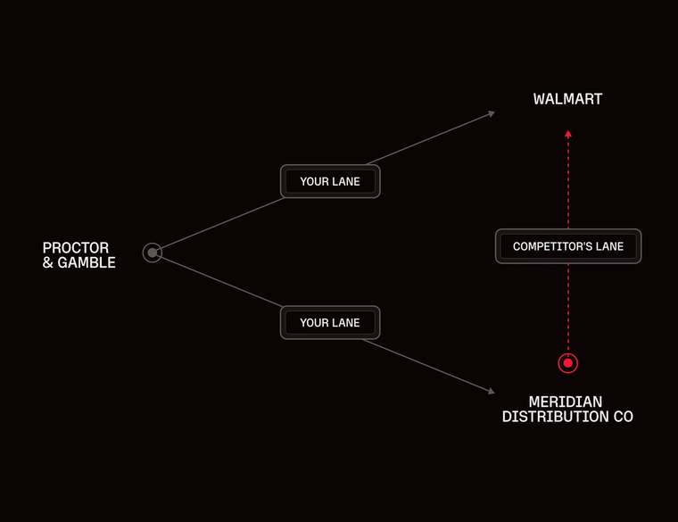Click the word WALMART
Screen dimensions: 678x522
(x=567, y=99)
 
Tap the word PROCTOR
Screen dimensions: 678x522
(x=76, y=248)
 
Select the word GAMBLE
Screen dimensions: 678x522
(x=87, y=263)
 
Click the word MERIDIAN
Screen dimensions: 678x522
(x=566, y=402)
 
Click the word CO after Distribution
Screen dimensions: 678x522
(x=623, y=418)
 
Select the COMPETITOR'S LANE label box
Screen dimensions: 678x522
(x=568, y=246)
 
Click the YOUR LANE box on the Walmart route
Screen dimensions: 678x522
(x=330, y=181)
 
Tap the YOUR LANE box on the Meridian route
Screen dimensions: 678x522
(x=330, y=322)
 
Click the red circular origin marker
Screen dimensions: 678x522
(x=568, y=363)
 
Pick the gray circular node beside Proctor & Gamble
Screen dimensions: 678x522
(x=153, y=253)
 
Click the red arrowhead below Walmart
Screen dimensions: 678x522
(x=568, y=135)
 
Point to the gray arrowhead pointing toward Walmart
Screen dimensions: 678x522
(x=491, y=113)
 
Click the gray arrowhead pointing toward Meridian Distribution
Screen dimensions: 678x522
(x=491, y=391)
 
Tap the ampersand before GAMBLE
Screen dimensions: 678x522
(x=48, y=263)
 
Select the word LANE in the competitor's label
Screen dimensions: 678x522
(x=608, y=246)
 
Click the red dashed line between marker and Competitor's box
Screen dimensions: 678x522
(x=568, y=308)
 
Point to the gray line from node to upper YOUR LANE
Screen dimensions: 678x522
(x=219, y=226)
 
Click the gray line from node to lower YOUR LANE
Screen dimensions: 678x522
(x=219, y=280)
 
